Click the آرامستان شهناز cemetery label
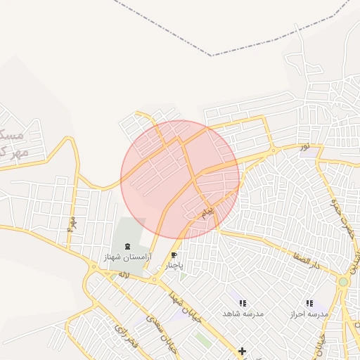pos(127,257)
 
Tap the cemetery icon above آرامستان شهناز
pos(127,246)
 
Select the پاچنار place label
pos(173,266)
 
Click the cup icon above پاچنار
pos(174,256)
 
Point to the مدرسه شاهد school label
pos(243,314)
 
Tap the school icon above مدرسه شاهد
pos(243,303)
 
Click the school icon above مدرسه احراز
pos(309,303)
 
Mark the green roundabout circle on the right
pos(343,282)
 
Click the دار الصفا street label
pos(307,265)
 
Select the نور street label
pos(304,147)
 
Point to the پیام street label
pos(207,211)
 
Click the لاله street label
pos(124,274)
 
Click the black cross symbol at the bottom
pos(242,351)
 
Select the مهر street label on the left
pos(71,224)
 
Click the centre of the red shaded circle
pos(180,179)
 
